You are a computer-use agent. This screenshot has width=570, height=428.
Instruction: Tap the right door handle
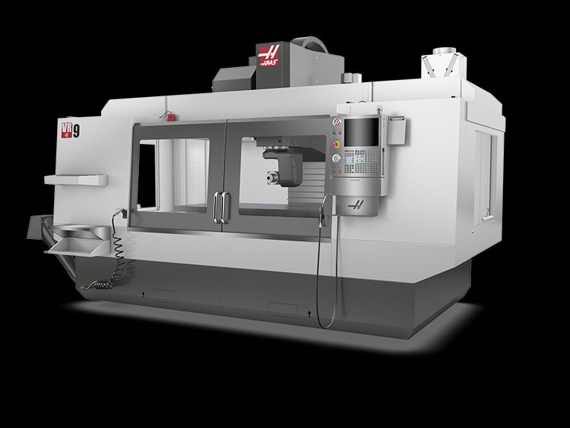227,207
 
